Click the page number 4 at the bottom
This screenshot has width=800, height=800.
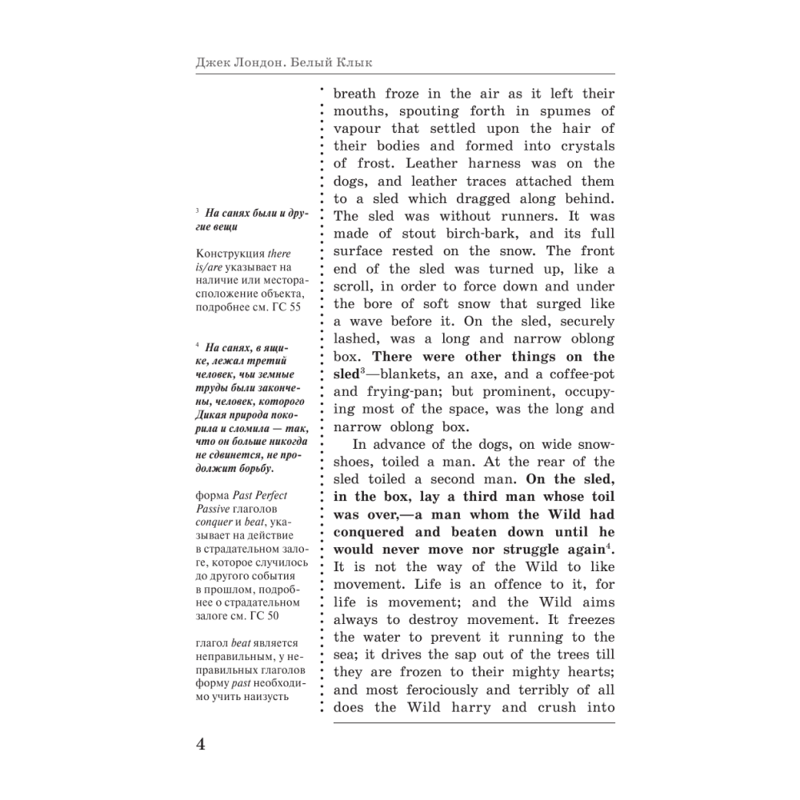(x=200, y=743)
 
